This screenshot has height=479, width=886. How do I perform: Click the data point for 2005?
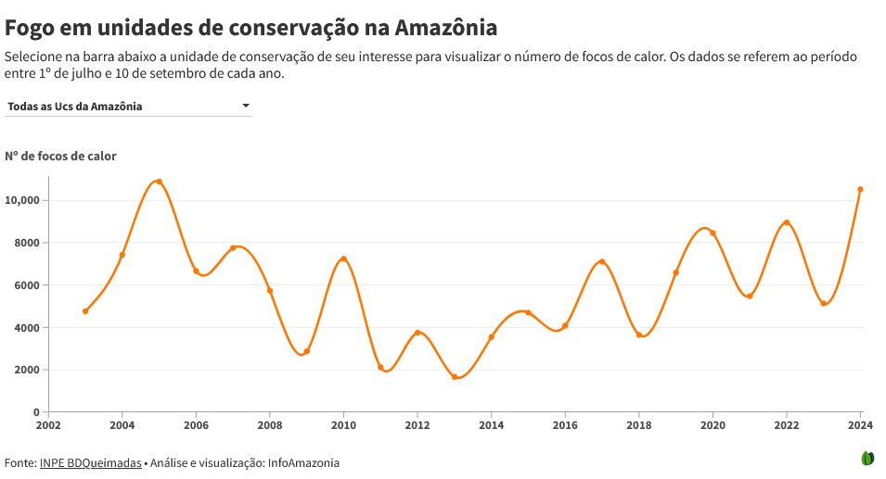coord(159,182)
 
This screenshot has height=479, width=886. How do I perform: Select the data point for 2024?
coord(860,189)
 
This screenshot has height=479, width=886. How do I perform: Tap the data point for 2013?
coord(455,376)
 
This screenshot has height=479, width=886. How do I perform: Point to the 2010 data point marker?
coord(343,258)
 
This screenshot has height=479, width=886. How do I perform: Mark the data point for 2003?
coord(85,311)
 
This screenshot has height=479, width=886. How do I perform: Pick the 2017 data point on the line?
coord(602,261)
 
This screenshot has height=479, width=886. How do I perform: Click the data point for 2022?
coord(787,222)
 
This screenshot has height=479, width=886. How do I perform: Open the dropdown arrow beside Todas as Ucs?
coord(246,106)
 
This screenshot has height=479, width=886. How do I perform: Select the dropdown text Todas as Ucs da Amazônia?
coord(75,107)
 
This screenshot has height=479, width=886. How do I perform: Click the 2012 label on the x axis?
coord(417,425)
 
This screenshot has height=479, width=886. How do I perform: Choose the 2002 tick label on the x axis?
coord(48,425)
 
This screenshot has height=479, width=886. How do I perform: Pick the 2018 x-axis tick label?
coord(639,425)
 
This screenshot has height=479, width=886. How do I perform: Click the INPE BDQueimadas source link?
coord(90,462)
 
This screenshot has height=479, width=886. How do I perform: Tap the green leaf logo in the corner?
coord(868,458)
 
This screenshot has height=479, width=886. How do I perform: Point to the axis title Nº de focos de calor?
coord(60,156)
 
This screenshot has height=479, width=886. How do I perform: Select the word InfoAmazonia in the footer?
coord(303,462)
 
